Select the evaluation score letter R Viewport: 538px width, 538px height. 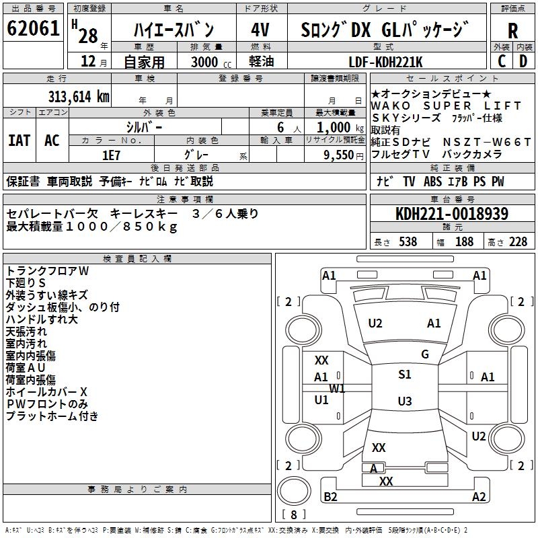point(512,30)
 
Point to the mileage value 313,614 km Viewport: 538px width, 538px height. point(79,96)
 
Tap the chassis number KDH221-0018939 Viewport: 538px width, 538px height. point(452,214)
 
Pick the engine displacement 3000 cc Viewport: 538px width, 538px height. point(209,63)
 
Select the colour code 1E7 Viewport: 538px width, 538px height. point(112,155)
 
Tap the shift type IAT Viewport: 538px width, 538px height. point(20,141)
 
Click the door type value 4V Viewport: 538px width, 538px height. point(260,30)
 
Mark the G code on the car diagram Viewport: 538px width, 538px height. point(425,354)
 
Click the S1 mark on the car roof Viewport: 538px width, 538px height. point(405,375)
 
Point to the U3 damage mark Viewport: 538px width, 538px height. point(405,401)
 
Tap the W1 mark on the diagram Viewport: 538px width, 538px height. point(337,389)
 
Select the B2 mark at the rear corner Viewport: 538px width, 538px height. point(330,496)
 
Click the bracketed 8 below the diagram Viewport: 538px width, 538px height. point(295,515)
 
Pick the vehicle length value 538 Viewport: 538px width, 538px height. point(408,241)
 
